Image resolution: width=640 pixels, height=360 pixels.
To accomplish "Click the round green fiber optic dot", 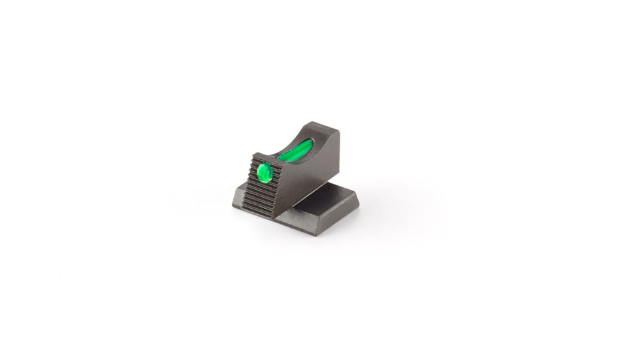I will coord(265,172).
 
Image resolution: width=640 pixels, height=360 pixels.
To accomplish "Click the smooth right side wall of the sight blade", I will coord(314,173).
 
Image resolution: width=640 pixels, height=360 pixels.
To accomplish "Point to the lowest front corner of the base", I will coord(316,234).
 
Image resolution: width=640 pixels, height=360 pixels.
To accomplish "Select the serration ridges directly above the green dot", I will coord(264,161).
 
